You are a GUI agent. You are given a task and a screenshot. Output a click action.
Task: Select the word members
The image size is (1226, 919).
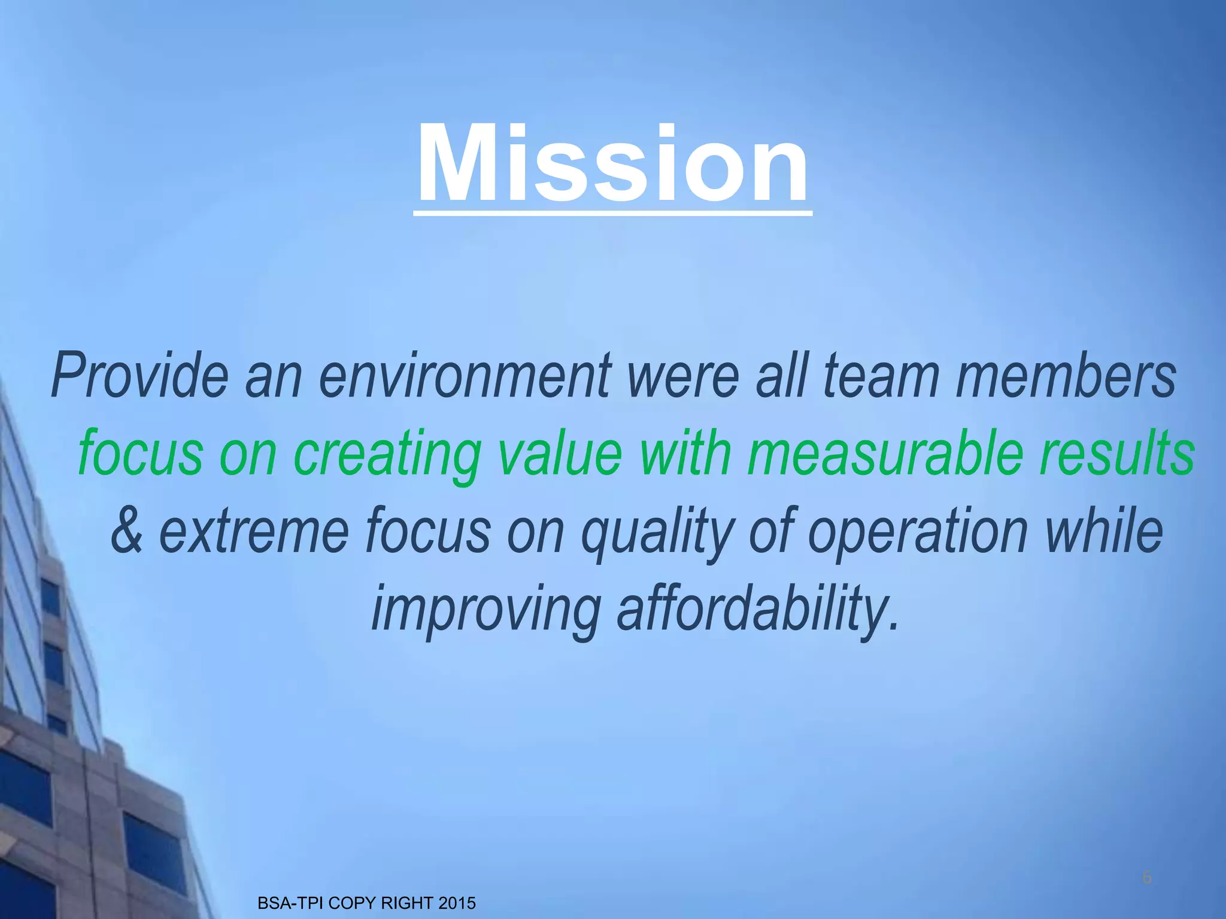pyautogui.click(x=1066, y=376)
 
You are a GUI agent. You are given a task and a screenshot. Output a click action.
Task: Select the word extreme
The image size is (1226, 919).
pyautogui.click(x=254, y=530)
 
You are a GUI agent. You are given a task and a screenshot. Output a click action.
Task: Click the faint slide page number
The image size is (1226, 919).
pyautogui.click(x=1146, y=878)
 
